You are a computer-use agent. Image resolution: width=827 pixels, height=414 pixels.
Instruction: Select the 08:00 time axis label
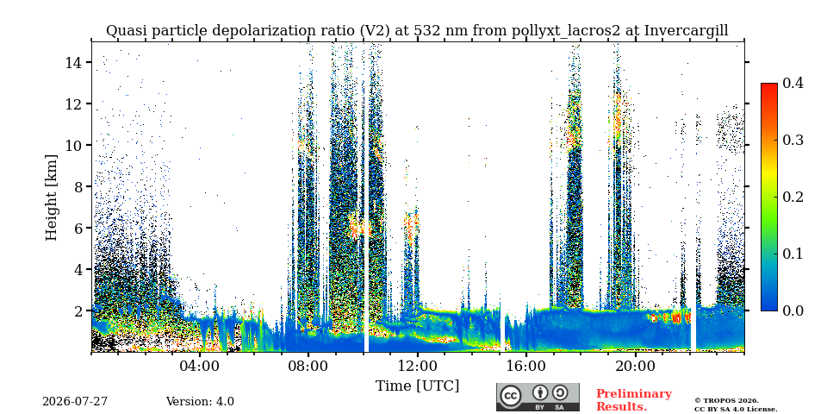(309, 366)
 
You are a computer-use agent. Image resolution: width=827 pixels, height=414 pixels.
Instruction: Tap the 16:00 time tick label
(527, 366)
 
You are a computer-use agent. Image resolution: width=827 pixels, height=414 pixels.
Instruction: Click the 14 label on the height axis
(74, 63)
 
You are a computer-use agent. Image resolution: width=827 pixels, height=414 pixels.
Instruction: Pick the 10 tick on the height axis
(74, 145)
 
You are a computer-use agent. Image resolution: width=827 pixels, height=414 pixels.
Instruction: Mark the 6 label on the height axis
(78, 228)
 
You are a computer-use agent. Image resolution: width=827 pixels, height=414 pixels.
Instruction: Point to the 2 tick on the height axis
(78, 311)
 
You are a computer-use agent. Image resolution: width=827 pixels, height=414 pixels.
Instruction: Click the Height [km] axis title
(51, 198)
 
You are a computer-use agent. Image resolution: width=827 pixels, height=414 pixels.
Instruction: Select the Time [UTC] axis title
(417, 386)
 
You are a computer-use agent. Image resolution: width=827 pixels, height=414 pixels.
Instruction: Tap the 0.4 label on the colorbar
(793, 83)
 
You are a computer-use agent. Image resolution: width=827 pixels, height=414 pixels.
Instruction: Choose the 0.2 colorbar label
(793, 197)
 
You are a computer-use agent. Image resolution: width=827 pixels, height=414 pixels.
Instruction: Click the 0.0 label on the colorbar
(793, 310)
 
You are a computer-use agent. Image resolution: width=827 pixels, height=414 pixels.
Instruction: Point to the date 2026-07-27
(75, 402)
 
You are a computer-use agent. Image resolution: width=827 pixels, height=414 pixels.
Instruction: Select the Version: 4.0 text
(200, 402)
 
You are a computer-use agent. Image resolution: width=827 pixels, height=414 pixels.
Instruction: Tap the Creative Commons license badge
(538, 397)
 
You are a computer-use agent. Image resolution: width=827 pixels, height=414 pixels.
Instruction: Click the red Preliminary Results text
(634, 400)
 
